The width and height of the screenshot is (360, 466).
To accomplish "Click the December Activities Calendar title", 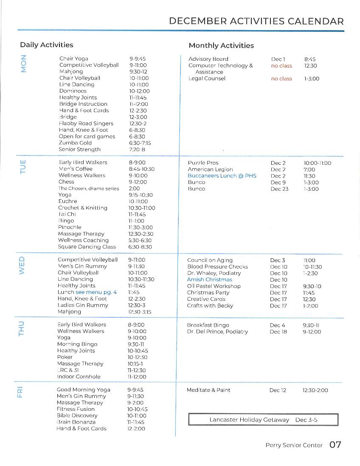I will [x=256, y=21].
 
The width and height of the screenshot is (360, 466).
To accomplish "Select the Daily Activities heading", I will [x=46, y=45].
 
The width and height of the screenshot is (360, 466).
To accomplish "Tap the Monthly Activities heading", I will [x=221, y=45].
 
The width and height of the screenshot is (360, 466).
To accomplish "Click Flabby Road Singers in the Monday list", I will [x=86, y=124].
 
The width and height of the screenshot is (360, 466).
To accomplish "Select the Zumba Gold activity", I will [x=75, y=143].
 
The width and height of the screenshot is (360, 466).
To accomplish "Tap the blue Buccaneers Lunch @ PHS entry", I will [x=222, y=176].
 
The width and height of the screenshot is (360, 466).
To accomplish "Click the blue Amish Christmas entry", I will [x=210, y=280].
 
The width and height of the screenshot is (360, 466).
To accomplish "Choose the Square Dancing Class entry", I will [x=87, y=247].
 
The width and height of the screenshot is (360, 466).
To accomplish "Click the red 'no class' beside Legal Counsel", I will [x=281, y=79].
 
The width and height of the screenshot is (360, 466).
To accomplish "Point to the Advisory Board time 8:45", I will [x=310, y=59].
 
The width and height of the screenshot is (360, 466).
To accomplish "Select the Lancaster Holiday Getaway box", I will [x=263, y=420].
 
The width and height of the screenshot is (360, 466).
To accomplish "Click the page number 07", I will [x=335, y=445].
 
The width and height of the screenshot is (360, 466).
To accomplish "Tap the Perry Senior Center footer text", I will [x=294, y=445].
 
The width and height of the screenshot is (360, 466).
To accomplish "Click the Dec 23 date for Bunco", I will [x=279, y=189].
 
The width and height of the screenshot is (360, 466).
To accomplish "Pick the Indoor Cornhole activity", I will [x=79, y=377].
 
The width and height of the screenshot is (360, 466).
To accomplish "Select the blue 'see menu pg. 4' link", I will [x=96, y=292].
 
